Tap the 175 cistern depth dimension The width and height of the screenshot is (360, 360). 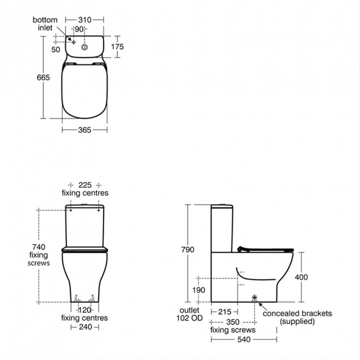tap(117, 47)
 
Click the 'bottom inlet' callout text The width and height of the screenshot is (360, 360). tap(44, 24)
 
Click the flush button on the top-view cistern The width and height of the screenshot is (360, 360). tap(84, 48)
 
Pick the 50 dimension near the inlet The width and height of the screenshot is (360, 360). tap(55, 49)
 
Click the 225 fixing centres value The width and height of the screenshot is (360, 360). tap(84, 184)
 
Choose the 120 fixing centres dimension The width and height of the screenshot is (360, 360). tap(84, 310)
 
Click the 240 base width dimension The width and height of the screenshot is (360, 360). tap(84, 327)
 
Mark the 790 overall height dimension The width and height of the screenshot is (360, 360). tap(188, 250)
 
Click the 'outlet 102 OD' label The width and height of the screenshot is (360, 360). tap(188, 315)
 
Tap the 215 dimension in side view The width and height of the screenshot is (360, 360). tap(224, 312)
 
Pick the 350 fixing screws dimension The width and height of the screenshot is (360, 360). tap(233, 321)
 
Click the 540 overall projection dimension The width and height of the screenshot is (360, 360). tap(244, 338)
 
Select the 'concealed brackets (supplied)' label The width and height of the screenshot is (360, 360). tap(297, 317)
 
